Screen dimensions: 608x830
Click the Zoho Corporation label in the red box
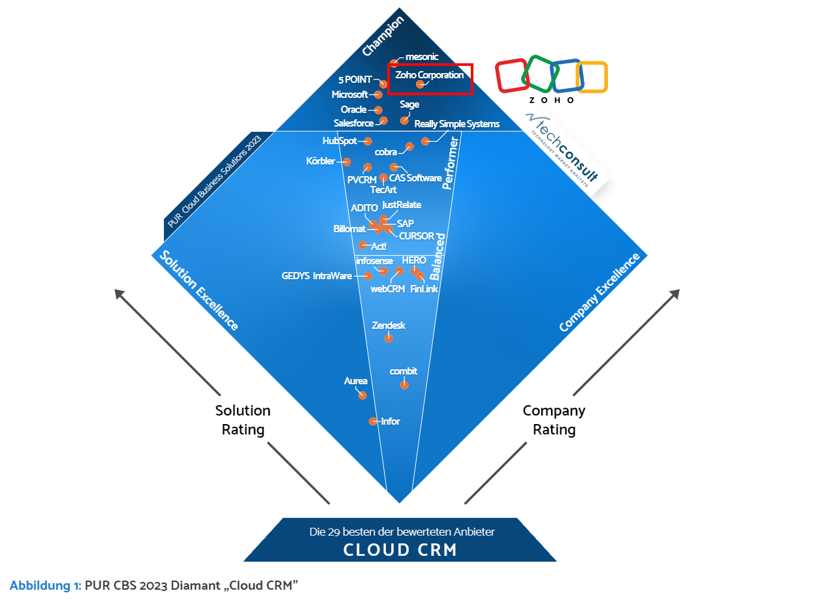point(429,75)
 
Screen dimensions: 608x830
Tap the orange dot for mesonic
point(394,63)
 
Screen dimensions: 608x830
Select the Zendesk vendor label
point(389,325)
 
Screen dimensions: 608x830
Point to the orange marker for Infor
point(373,421)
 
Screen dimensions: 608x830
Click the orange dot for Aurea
point(362,395)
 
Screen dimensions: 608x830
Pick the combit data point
point(404,385)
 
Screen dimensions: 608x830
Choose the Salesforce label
point(353,123)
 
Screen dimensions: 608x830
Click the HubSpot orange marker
point(368,141)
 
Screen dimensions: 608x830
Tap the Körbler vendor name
point(321,161)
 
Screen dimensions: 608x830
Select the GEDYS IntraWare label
point(317,276)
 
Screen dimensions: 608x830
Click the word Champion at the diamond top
point(383,36)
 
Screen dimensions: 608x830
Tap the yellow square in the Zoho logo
point(592,77)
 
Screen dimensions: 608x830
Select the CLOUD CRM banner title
point(400,550)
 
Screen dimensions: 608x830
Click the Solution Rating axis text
point(243,420)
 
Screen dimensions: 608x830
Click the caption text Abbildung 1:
point(45,585)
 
